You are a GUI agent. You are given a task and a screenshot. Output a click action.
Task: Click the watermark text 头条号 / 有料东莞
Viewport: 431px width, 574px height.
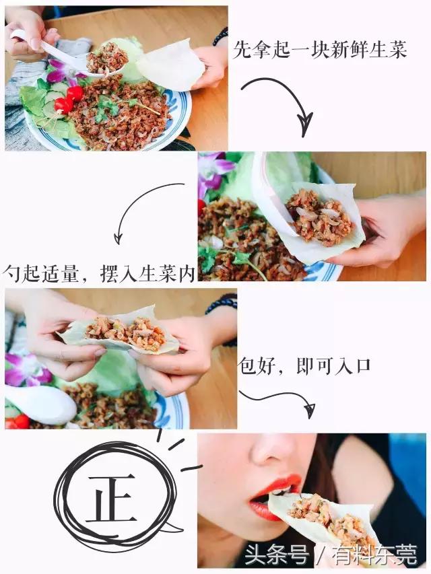point(331,556)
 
